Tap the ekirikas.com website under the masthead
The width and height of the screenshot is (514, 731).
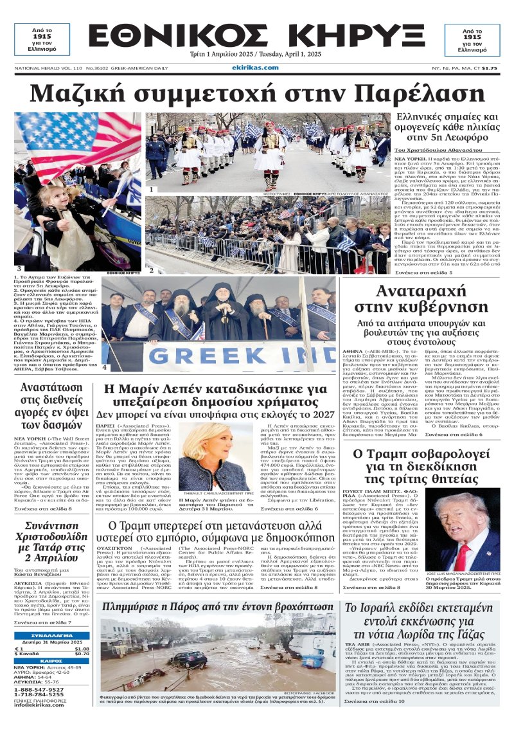(255, 68)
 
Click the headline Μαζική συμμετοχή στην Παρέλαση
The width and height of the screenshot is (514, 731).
(257, 93)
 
